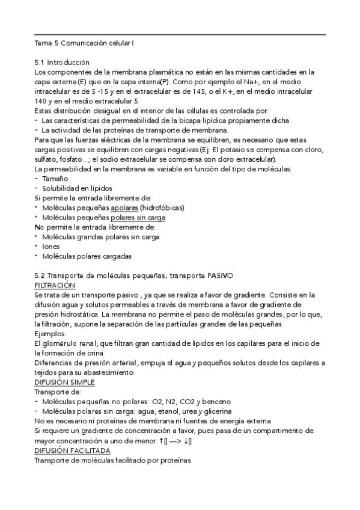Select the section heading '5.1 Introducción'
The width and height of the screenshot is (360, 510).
[x=62, y=63]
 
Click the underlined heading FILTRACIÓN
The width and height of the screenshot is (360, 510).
[x=55, y=285]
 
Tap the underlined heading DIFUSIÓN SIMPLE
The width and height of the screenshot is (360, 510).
[x=64, y=382]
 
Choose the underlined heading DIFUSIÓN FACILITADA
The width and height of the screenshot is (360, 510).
[x=72, y=450]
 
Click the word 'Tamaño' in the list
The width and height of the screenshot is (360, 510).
[x=55, y=179]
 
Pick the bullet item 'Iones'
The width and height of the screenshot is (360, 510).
[x=50, y=247]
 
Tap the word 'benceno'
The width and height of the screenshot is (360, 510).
[x=217, y=402]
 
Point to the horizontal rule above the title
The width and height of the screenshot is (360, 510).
[x=180, y=35]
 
